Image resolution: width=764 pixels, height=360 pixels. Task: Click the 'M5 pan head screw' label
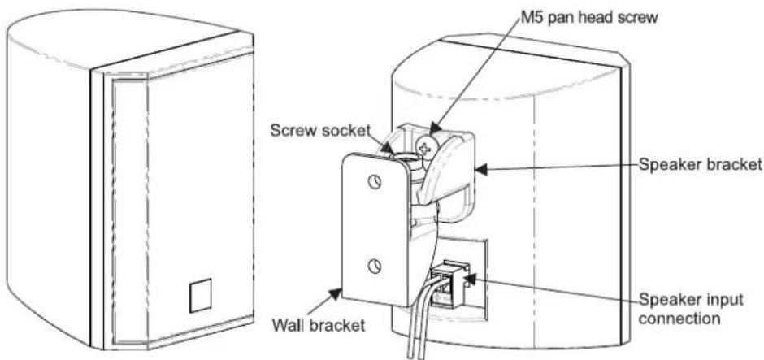coord(588,18)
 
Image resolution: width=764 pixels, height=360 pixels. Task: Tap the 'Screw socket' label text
coord(320,130)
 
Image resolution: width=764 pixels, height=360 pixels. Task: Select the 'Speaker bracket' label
coord(699,165)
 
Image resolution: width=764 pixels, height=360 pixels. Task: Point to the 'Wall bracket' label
coord(318,324)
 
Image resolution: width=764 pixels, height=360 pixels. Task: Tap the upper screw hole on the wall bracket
coord(374,182)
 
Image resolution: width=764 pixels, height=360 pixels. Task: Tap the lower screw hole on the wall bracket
coord(374,266)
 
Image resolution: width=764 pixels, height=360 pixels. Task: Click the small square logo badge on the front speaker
coord(200,296)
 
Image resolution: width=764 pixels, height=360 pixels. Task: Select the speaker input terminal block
coord(449,284)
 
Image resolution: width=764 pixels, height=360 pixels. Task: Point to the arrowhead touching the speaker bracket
coord(482,170)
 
